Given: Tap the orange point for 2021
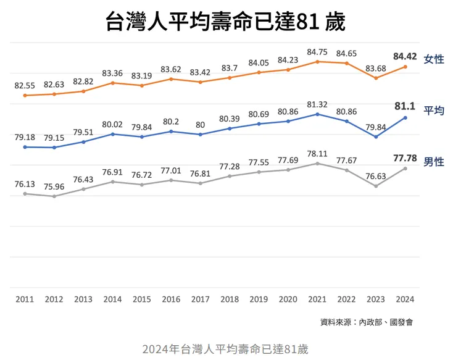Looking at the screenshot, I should coord(317,61).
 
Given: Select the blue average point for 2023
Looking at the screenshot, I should coord(376,136).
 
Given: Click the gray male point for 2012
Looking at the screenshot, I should coord(54,196).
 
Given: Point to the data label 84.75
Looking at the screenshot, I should coord(317,51).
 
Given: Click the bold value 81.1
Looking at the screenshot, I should coord(405,106).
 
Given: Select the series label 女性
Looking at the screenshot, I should coord(434,59).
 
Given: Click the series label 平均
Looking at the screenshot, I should coord(434,111).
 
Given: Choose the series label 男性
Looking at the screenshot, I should coord(434,162).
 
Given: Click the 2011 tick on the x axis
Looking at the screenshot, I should coord(25,299).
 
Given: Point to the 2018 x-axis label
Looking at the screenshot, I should coord(230,299).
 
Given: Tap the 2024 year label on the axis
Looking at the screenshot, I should coord(405,299).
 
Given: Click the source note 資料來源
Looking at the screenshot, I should coord(366,322).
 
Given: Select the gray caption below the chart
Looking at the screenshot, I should coord(225,348).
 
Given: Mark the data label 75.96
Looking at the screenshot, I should coord(54,186).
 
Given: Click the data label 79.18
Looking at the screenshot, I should coord(25,137).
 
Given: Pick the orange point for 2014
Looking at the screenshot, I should coord(112,83).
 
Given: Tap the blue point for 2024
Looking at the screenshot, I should coord(405,117).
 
